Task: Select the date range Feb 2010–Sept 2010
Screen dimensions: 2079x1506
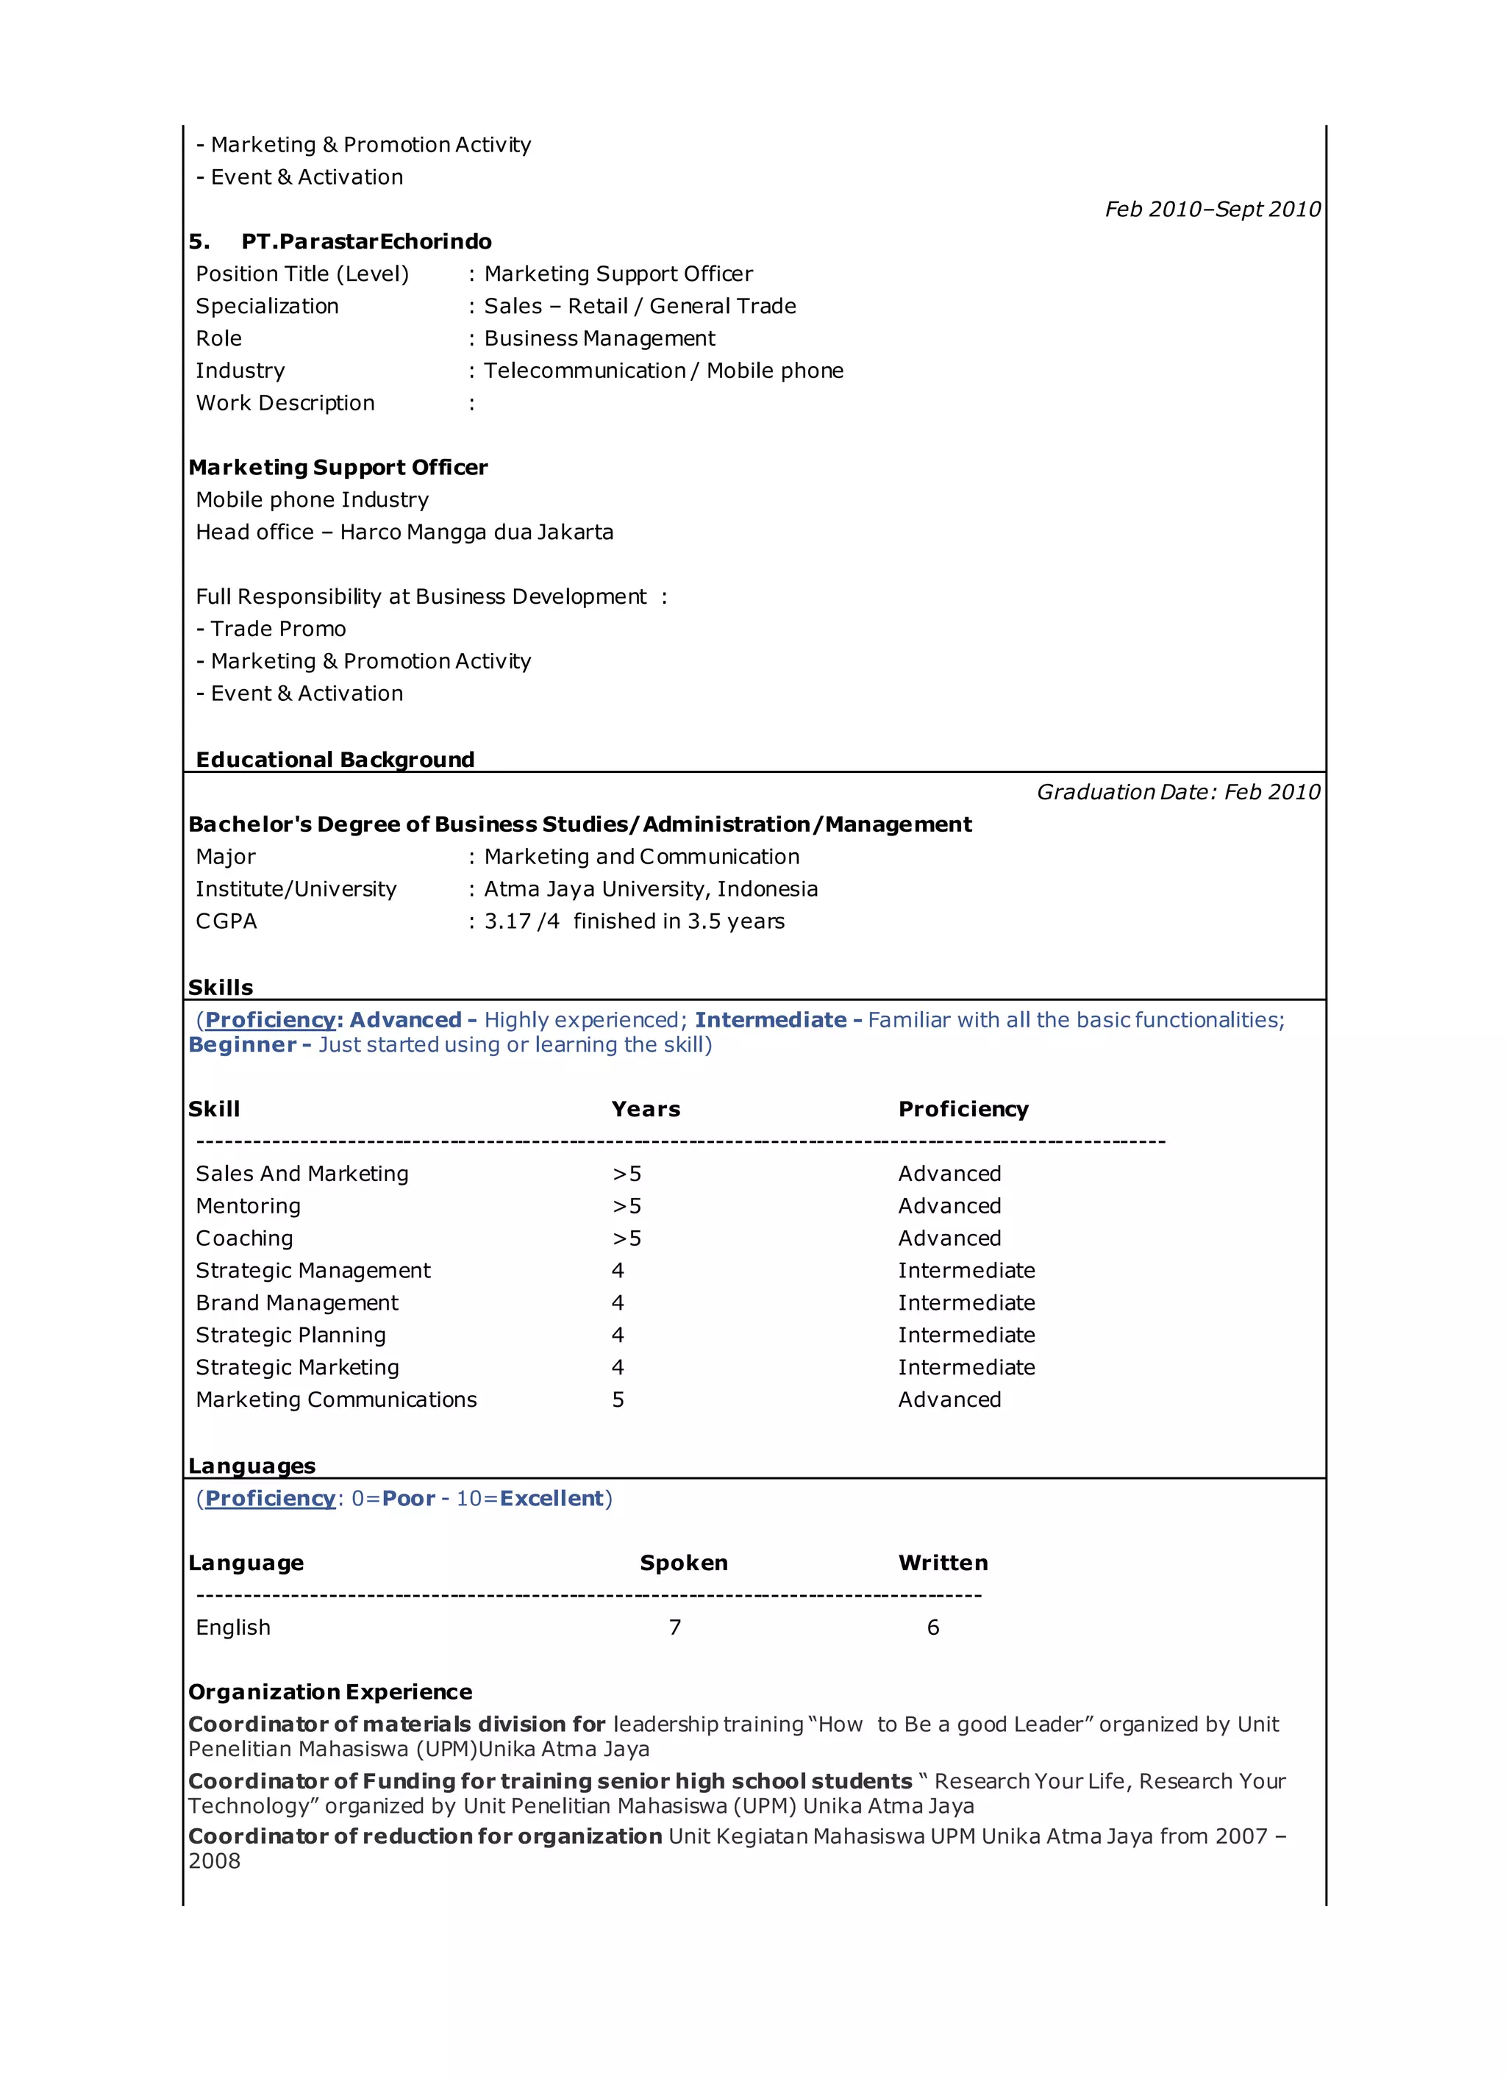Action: click(x=1212, y=209)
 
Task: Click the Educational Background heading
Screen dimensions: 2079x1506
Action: click(x=335, y=759)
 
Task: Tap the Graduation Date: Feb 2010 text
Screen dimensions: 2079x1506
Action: click(x=1178, y=792)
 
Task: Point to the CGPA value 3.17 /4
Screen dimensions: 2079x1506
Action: click(x=521, y=921)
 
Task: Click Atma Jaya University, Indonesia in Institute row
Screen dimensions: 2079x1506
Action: click(x=650, y=889)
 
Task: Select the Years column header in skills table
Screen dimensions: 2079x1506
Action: click(x=646, y=1109)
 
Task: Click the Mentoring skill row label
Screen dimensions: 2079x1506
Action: click(x=248, y=1206)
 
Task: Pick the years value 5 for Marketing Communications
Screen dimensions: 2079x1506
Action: click(x=618, y=1399)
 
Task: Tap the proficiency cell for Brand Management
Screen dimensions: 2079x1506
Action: click(x=966, y=1302)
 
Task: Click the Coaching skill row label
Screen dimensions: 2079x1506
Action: click(x=244, y=1238)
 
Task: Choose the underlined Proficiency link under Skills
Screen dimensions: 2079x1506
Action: click(x=271, y=1020)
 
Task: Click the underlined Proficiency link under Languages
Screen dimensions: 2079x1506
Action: click(x=271, y=1499)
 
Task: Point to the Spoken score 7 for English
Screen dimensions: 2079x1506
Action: click(x=674, y=1627)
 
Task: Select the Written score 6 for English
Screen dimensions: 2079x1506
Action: click(x=932, y=1627)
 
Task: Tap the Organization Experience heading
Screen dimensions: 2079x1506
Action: click(x=330, y=1692)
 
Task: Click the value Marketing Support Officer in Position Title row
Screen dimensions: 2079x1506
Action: click(x=618, y=274)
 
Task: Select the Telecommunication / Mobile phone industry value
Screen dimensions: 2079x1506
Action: click(x=663, y=371)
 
